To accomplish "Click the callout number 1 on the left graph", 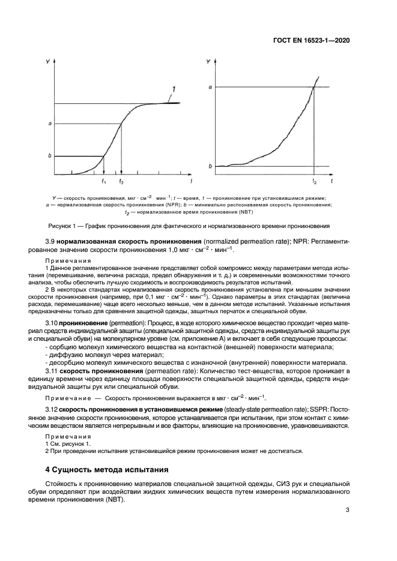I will [x=174, y=89].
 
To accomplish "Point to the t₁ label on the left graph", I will [x=104, y=181].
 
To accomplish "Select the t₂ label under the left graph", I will [x=122, y=181].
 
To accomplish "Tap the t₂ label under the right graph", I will [x=315, y=181].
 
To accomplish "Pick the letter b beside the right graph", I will [x=210, y=166].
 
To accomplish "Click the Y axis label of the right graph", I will [x=208, y=61].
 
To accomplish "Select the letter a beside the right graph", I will [x=210, y=88].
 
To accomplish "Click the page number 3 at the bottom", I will [x=348, y=511].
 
